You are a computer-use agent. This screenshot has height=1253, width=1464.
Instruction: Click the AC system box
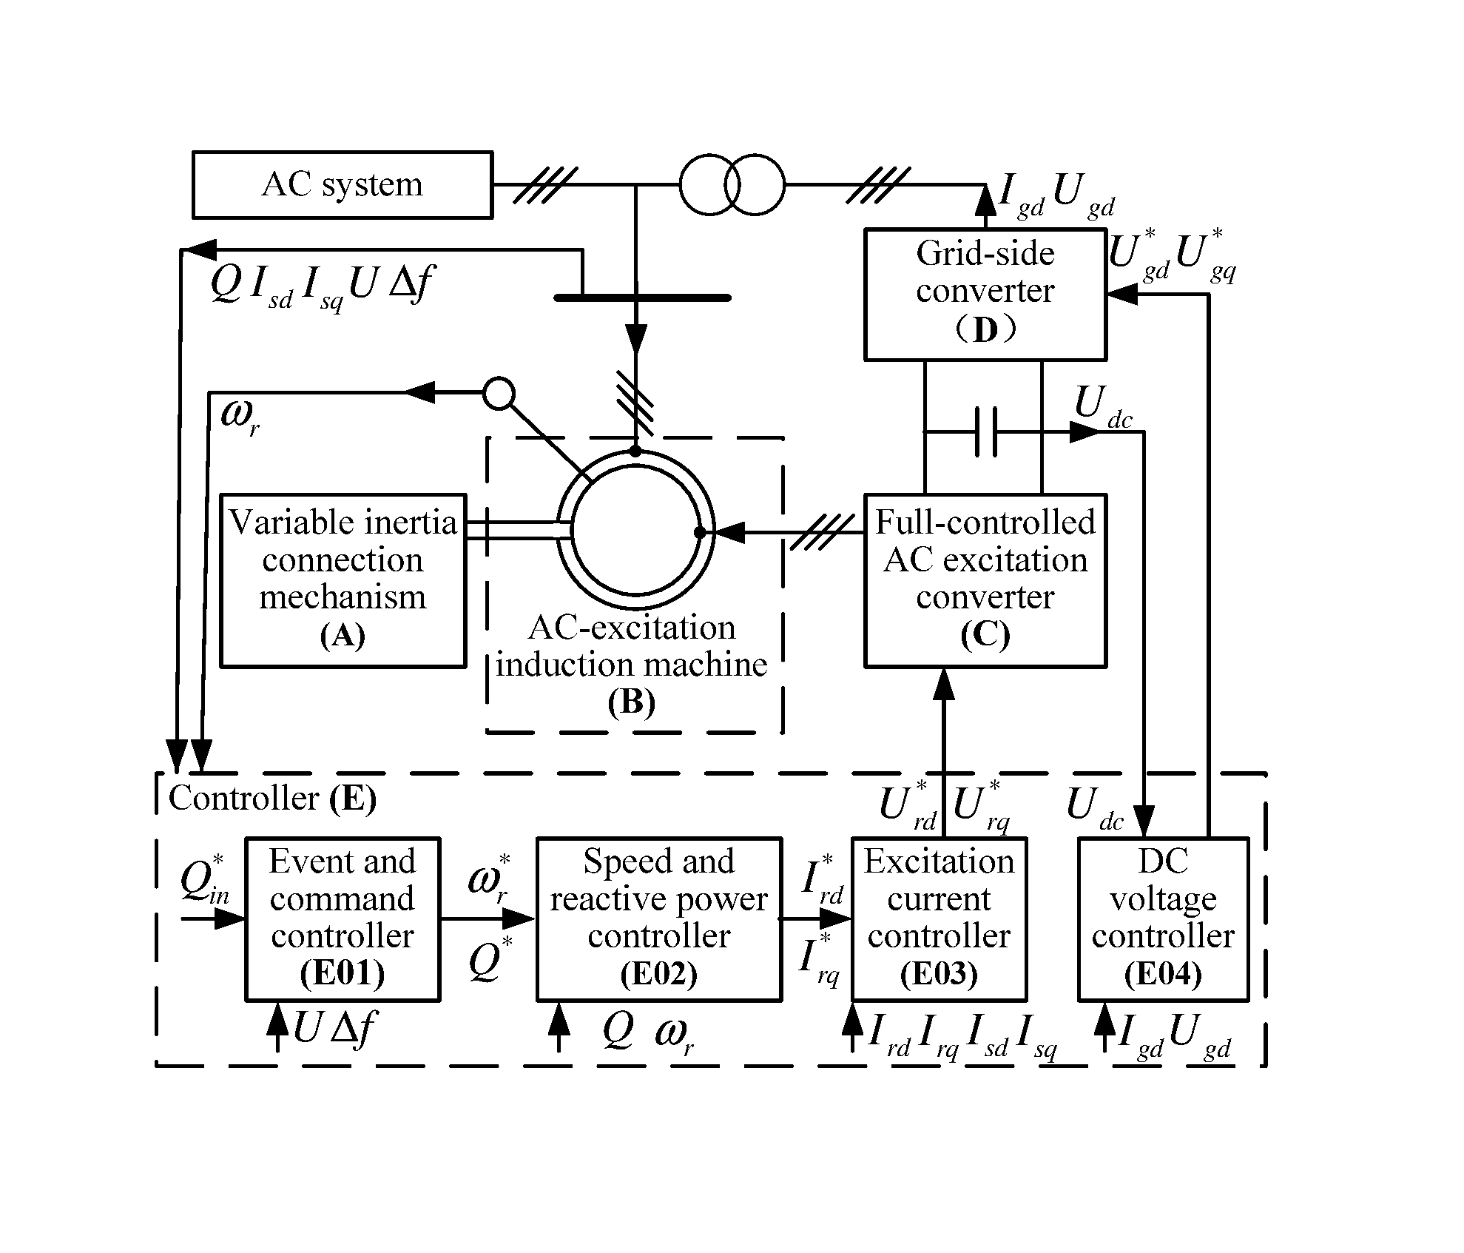tap(342, 185)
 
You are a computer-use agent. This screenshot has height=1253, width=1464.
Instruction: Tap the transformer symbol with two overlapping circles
tap(731, 184)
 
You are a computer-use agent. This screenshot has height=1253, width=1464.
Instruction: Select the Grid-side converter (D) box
tap(985, 295)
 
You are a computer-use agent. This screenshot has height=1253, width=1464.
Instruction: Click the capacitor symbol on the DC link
tap(986, 431)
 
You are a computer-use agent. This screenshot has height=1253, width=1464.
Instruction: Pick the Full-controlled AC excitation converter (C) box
tap(985, 580)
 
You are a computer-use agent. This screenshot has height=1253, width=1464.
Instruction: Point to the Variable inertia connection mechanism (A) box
tap(343, 580)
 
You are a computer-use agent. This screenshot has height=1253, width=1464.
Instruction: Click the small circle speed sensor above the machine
tap(499, 393)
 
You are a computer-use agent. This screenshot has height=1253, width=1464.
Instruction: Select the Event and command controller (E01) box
tap(343, 918)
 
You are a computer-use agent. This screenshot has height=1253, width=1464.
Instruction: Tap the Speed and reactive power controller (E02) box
tap(658, 918)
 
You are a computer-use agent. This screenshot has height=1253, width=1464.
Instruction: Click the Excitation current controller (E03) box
tap(939, 918)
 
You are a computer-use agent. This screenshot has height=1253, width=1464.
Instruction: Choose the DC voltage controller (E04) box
tap(1163, 918)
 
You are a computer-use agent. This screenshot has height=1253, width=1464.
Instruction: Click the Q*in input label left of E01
tap(204, 881)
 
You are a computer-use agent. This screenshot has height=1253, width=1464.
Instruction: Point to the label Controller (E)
tap(272, 799)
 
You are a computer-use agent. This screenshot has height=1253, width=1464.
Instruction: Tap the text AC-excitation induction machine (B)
tap(632, 665)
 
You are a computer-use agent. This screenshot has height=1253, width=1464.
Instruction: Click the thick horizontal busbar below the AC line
tap(642, 298)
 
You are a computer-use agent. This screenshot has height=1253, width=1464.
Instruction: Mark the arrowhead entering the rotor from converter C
tap(729, 532)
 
